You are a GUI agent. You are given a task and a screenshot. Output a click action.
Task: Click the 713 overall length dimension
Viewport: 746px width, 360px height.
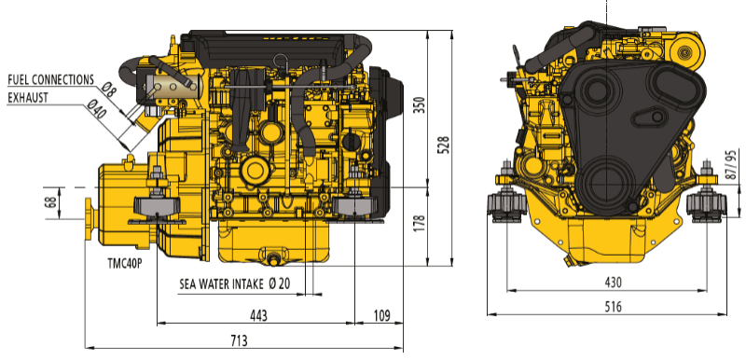[240, 340]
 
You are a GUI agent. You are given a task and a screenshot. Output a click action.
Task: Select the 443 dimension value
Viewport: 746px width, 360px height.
[259, 315]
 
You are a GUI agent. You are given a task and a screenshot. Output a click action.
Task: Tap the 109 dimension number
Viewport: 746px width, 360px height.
[381, 315]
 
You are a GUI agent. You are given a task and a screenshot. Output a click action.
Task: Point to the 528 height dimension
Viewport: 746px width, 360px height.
[444, 145]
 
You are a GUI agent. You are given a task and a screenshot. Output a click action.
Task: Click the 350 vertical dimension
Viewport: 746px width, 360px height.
[420, 104]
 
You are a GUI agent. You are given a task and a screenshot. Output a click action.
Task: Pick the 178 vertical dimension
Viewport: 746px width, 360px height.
[420, 223]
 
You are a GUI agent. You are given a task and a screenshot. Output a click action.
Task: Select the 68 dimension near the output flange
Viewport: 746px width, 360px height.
[52, 201]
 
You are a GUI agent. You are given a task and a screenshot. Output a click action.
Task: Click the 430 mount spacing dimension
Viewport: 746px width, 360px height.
[614, 283]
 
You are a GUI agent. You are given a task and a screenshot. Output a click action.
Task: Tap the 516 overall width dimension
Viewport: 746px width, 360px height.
[614, 307]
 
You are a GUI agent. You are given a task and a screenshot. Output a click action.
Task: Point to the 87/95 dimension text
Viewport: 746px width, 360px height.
[734, 165]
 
